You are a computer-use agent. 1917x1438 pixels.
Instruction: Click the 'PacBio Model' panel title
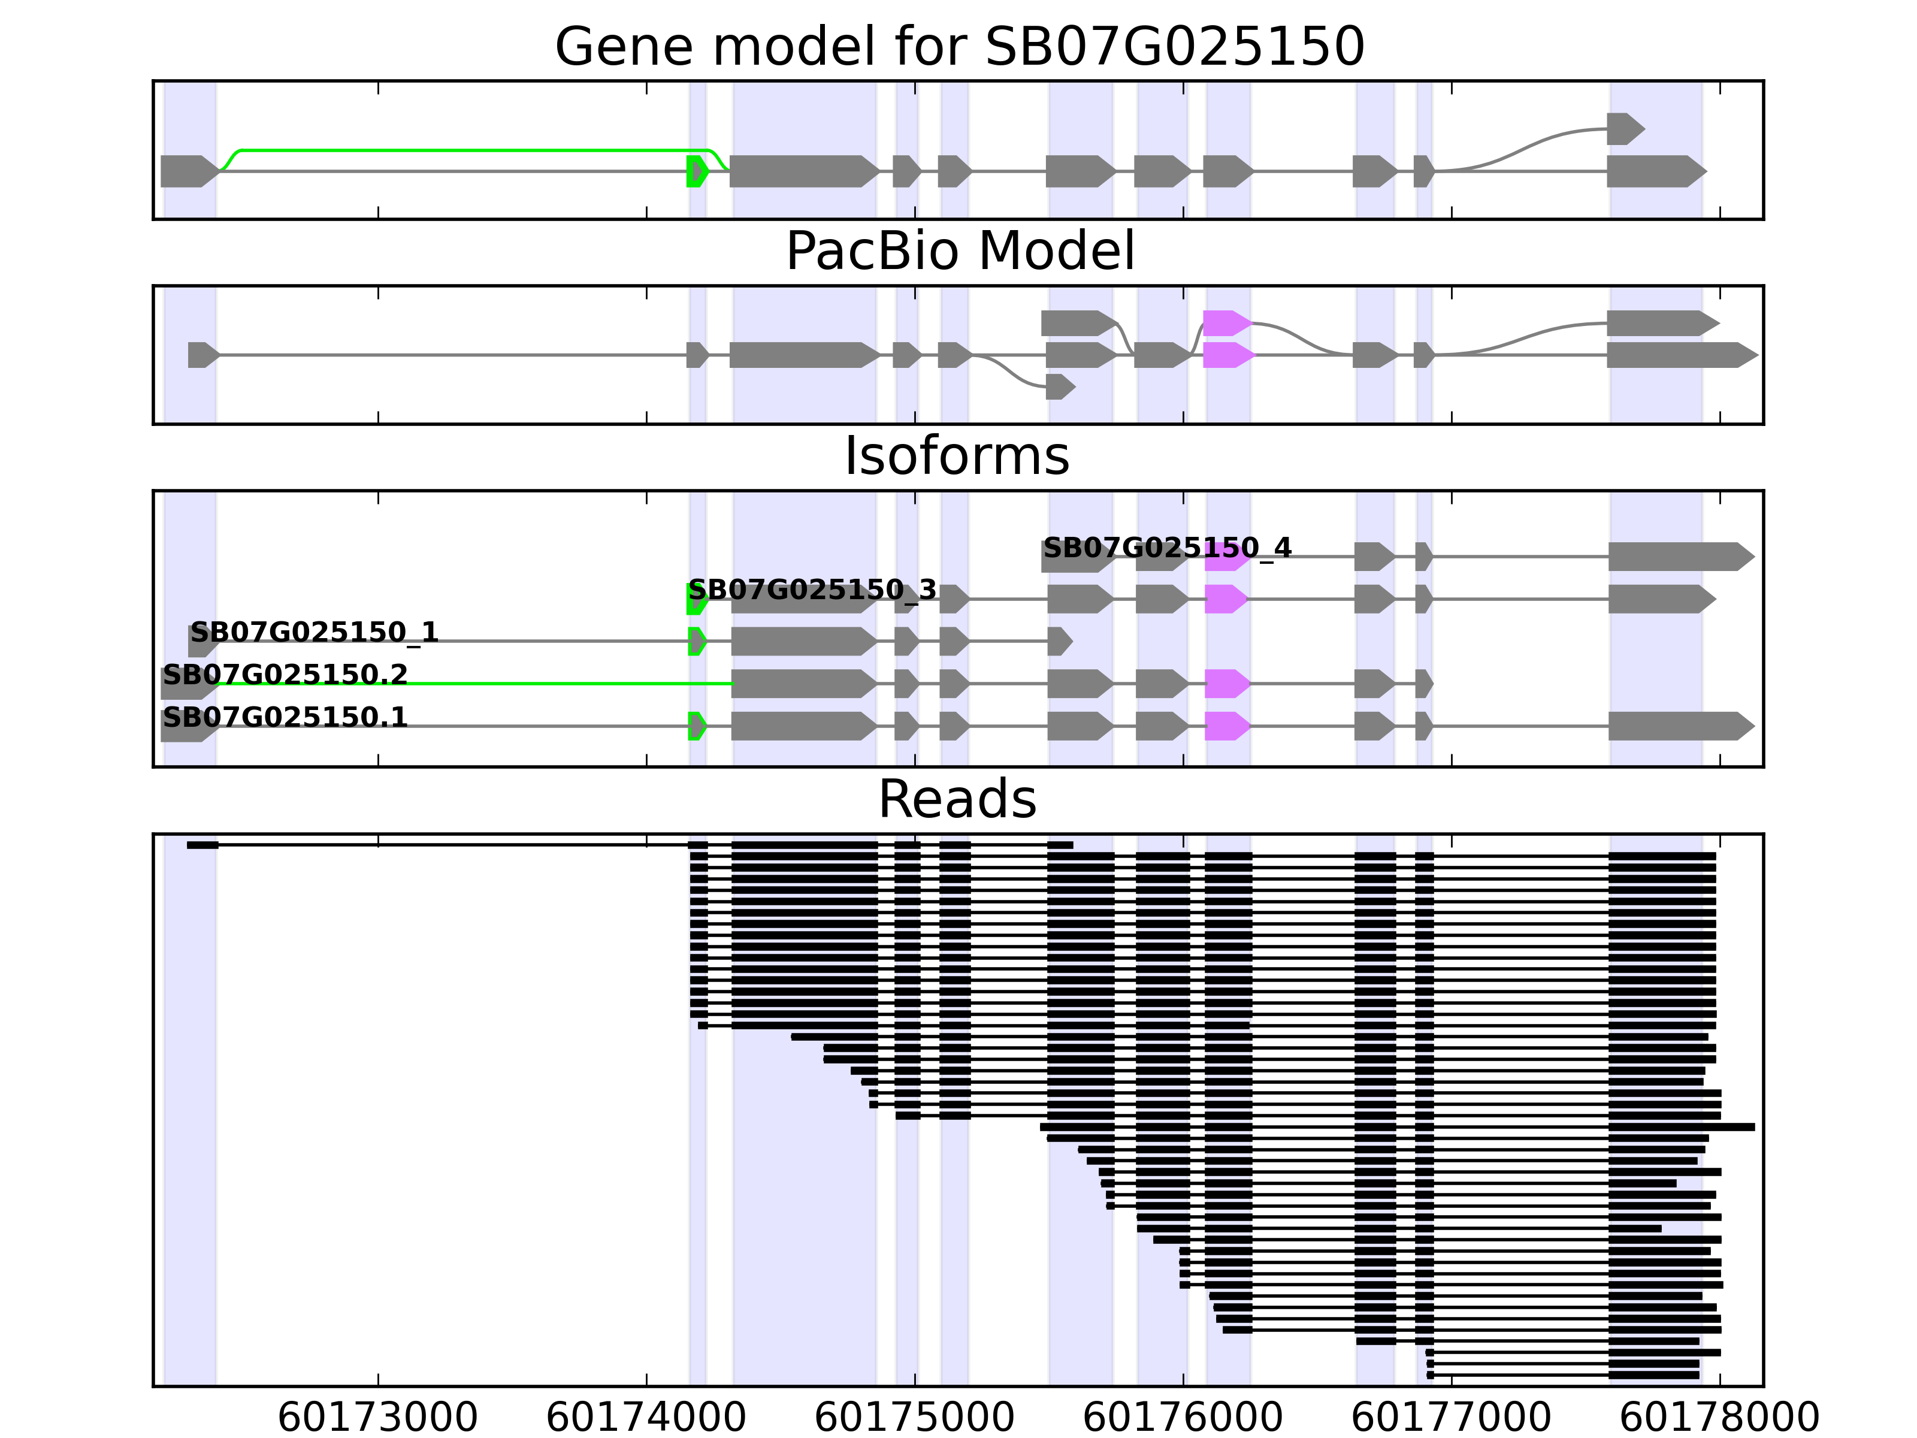[959, 252]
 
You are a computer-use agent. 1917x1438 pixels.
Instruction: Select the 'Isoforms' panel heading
[957, 456]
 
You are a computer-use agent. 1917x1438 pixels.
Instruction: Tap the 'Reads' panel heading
[957, 799]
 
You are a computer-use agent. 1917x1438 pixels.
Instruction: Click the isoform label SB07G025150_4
[1166, 548]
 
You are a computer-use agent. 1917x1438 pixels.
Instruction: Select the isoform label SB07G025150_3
[812, 590]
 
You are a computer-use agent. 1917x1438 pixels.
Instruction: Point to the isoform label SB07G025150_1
[315, 632]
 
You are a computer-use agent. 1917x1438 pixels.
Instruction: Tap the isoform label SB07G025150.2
[285, 674]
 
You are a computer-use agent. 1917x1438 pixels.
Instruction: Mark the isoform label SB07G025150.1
[285, 717]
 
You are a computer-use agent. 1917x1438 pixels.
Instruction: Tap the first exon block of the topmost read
[203, 845]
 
